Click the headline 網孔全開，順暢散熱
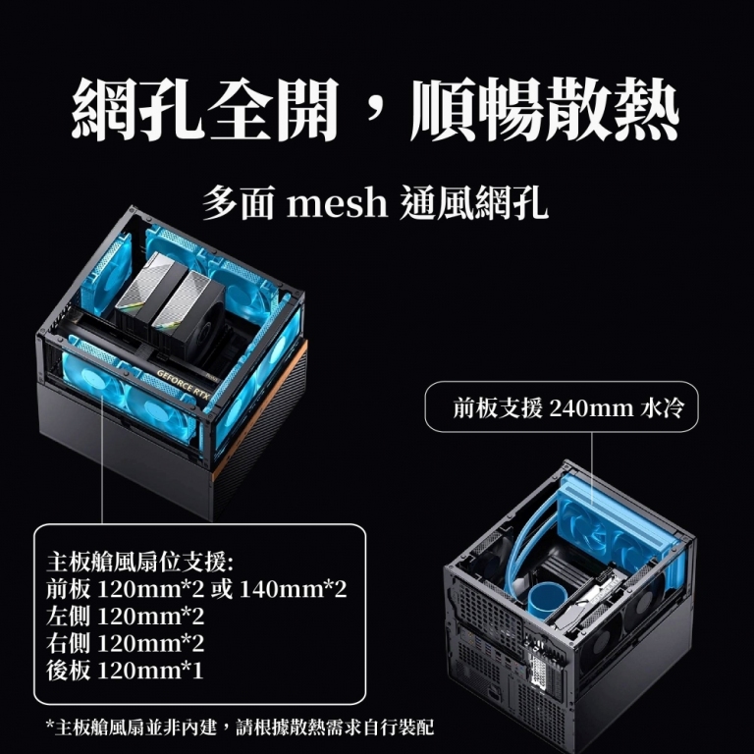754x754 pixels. tap(375, 110)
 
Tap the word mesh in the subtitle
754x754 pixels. tap(337, 203)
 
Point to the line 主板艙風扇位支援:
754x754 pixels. tap(140, 563)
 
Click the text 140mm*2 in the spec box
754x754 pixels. tap(293, 589)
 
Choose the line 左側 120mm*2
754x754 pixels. tap(125, 616)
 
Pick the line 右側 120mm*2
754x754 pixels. tap(125, 643)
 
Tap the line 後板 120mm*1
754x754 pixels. tap(125, 671)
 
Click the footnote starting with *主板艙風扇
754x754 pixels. tap(240, 727)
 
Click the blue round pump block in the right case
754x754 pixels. tap(547, 600)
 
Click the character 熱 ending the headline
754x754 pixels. tap(644, 110)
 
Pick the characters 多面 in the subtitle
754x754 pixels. tap(238, 203)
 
